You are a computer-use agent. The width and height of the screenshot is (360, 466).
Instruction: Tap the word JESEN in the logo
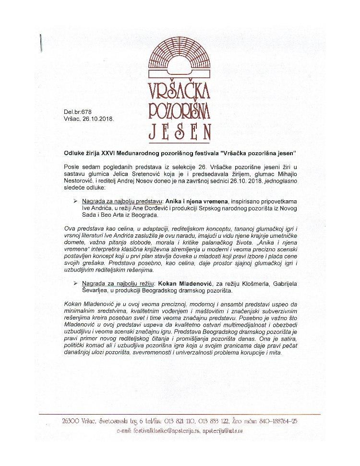tap(180, 130)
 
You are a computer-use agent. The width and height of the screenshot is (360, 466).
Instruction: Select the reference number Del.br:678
tap(77, 112)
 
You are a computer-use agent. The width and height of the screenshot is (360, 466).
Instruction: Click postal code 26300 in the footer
tap(71, 421)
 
